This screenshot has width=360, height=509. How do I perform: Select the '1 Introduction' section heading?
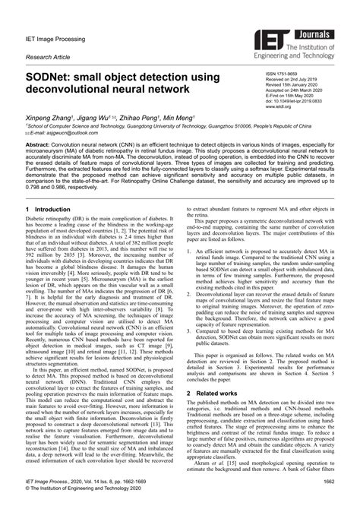pyautogui.click(x=55, y=229)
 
